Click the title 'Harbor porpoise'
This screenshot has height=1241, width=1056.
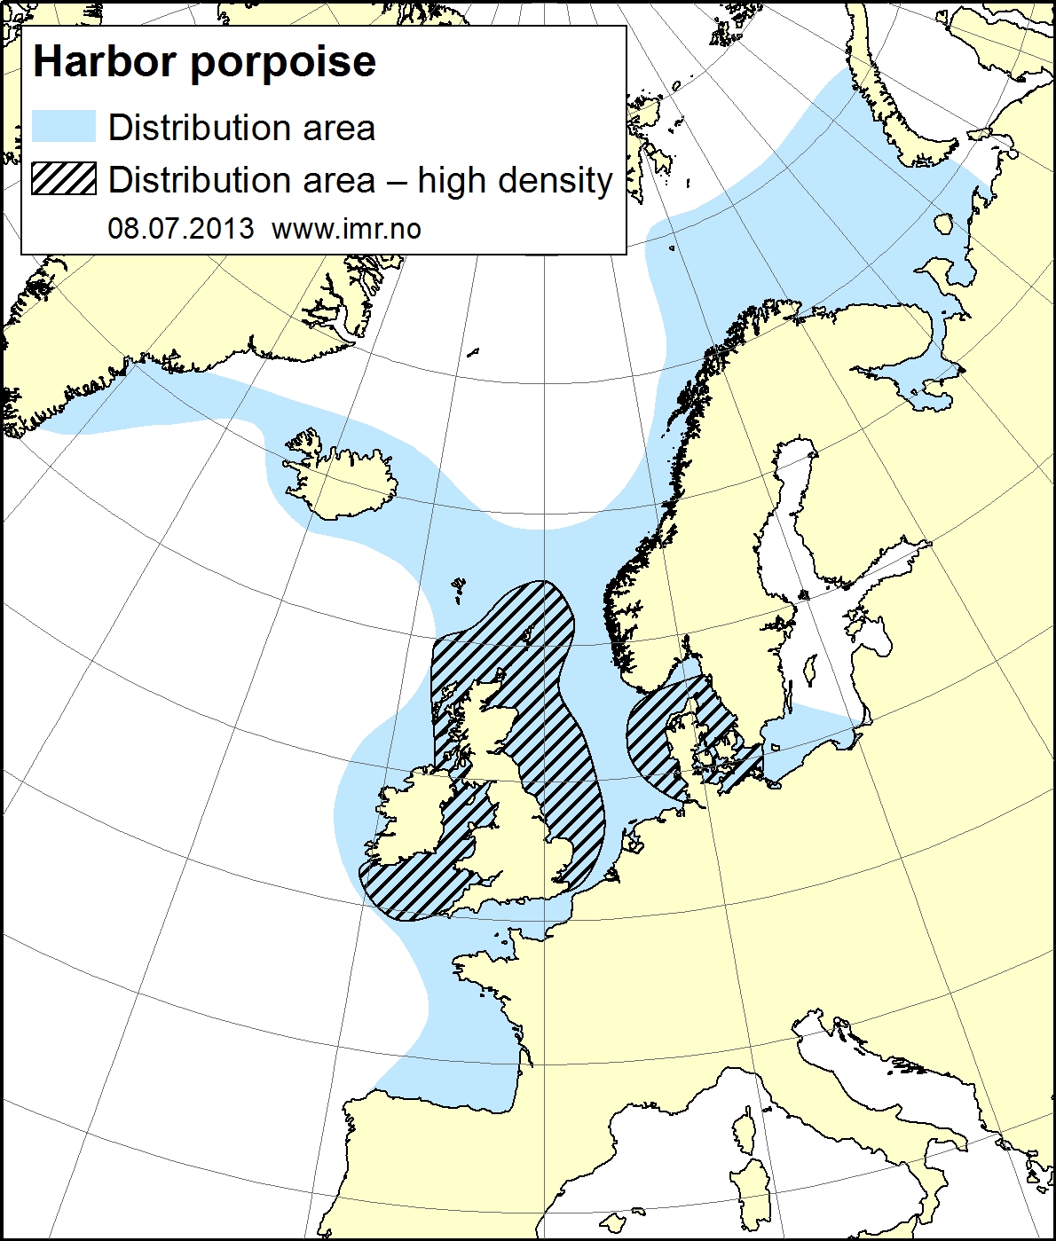(x=204, y=62)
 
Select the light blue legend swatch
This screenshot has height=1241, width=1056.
(x=63, y=127)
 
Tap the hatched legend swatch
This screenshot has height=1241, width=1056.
(x=63, y=179)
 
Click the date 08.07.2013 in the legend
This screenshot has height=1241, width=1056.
(x=181, y=229)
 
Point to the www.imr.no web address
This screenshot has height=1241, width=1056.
(x=346, y=229)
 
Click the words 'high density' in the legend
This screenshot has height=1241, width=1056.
(x=515, y=180)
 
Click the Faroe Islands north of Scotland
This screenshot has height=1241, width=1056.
(x=458, y=586)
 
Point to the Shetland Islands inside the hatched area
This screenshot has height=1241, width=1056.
(x=529, y=633)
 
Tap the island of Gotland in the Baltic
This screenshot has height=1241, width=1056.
(x=809, y=670)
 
